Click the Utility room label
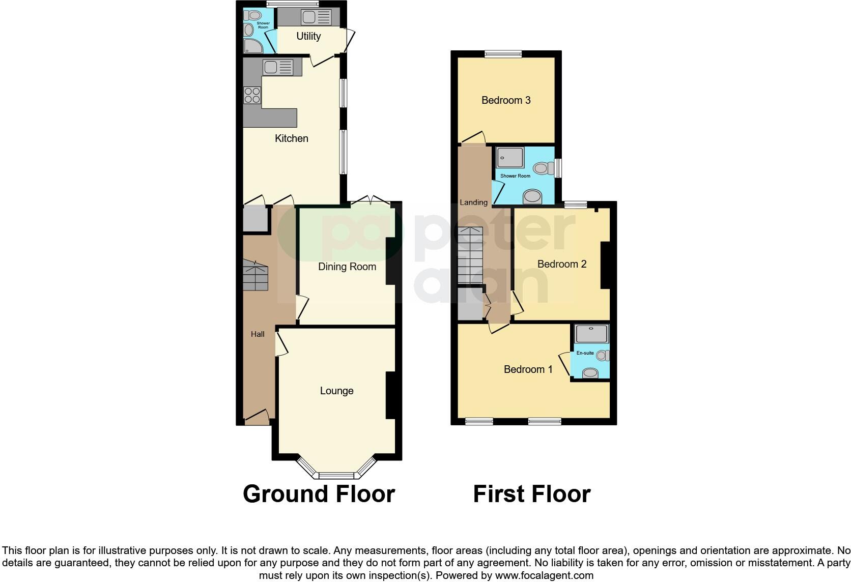(x=308, y=36)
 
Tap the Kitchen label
(x=292, y=138)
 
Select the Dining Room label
(x=347, y=267)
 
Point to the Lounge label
(x=336, y=391)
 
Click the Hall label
(x=258, y=334)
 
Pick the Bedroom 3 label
(x=506, y=100)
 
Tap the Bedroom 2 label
(x=562, y=264)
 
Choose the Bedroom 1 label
(x=528, y=369)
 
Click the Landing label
(x=473, y=202)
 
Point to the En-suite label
(x=585, y=353)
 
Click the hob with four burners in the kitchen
(x=252, y=96)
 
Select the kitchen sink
(x=278, y=67)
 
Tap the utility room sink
(x=316, y=17)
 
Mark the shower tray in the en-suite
(x=591, y=334)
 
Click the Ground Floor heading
(x=319, y=494)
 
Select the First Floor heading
(x=531, y=494)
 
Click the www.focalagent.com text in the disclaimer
(x=544, y=576)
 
